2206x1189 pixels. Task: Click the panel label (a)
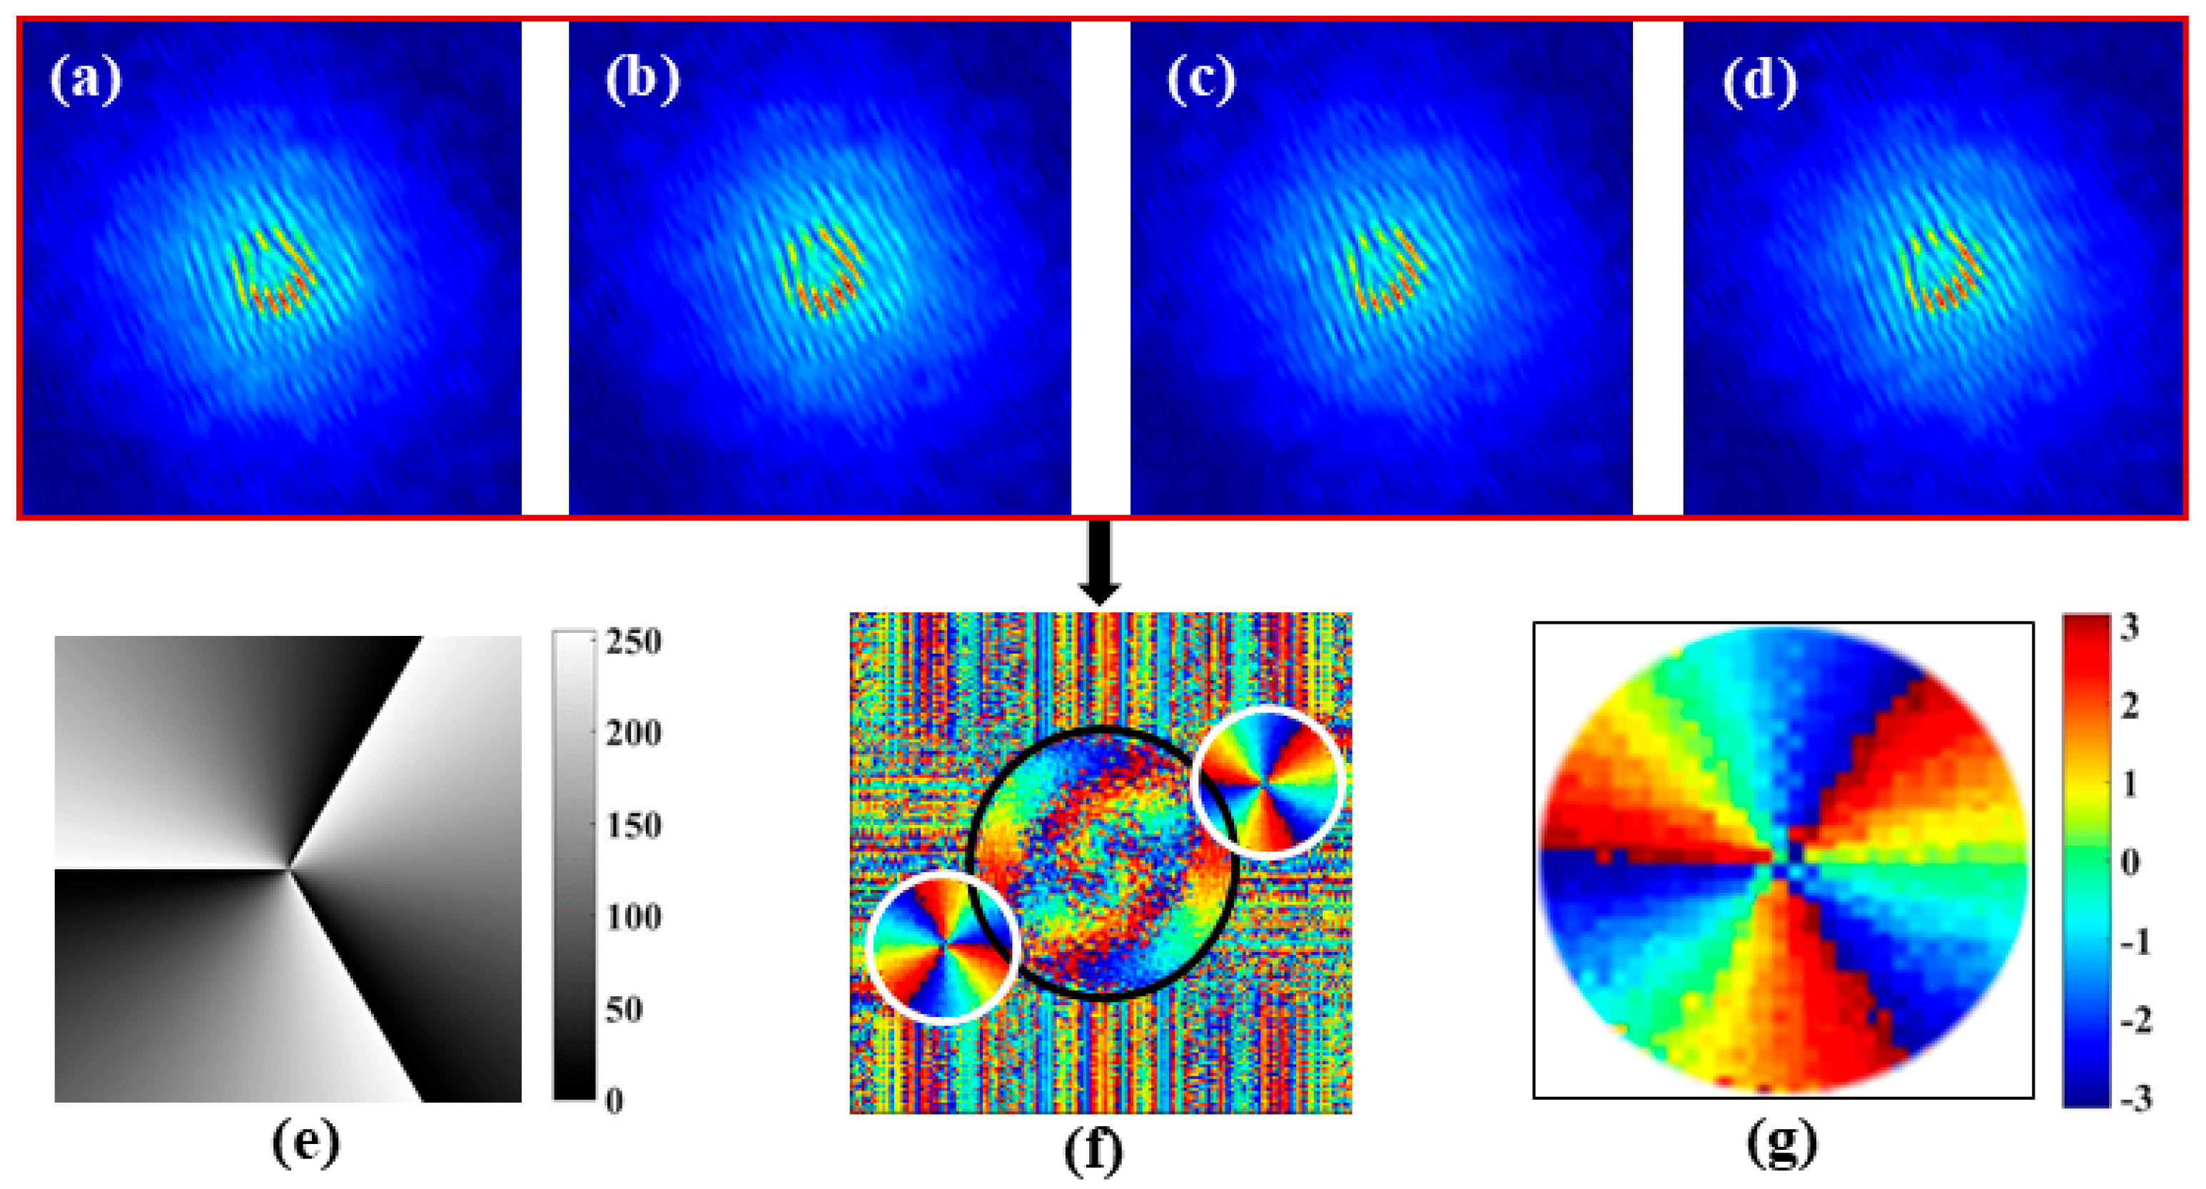[86, 81]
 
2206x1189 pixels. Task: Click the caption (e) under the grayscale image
[305, 1142]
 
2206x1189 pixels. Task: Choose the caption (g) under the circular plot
[1781, 1143]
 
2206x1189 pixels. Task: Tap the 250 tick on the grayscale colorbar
[633, 642]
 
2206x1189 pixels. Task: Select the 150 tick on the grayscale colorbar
[633, 826]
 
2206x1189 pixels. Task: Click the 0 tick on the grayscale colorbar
[614, 1101]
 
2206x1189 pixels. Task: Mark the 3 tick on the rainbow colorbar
[2129, 628]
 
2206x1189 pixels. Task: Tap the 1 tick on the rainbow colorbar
[2129, 784]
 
